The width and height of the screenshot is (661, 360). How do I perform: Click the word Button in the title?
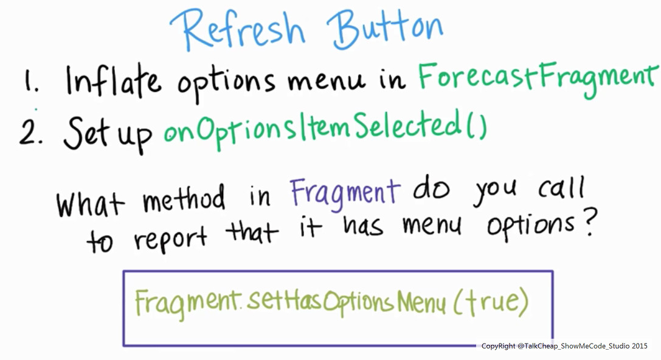click(x=385, y=29)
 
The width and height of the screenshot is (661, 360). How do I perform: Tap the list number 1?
click(x=31, y=80)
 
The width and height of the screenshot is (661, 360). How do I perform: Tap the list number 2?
click(x=30, y=131)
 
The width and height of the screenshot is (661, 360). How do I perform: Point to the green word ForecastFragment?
click(x=538, y=78)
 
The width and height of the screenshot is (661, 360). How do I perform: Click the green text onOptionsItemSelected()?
click(x=325, y=127)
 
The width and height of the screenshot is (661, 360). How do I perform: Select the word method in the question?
click(x=184, y=198)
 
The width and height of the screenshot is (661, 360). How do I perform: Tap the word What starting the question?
click(x=90, y=202)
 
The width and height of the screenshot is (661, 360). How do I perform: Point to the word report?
click(x=170, y=239)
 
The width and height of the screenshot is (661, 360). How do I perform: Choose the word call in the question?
click(x=561, y=189)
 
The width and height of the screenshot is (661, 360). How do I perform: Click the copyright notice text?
click(x=564, y=346)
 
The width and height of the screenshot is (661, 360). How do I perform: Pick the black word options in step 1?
click(x=226, y=83)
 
